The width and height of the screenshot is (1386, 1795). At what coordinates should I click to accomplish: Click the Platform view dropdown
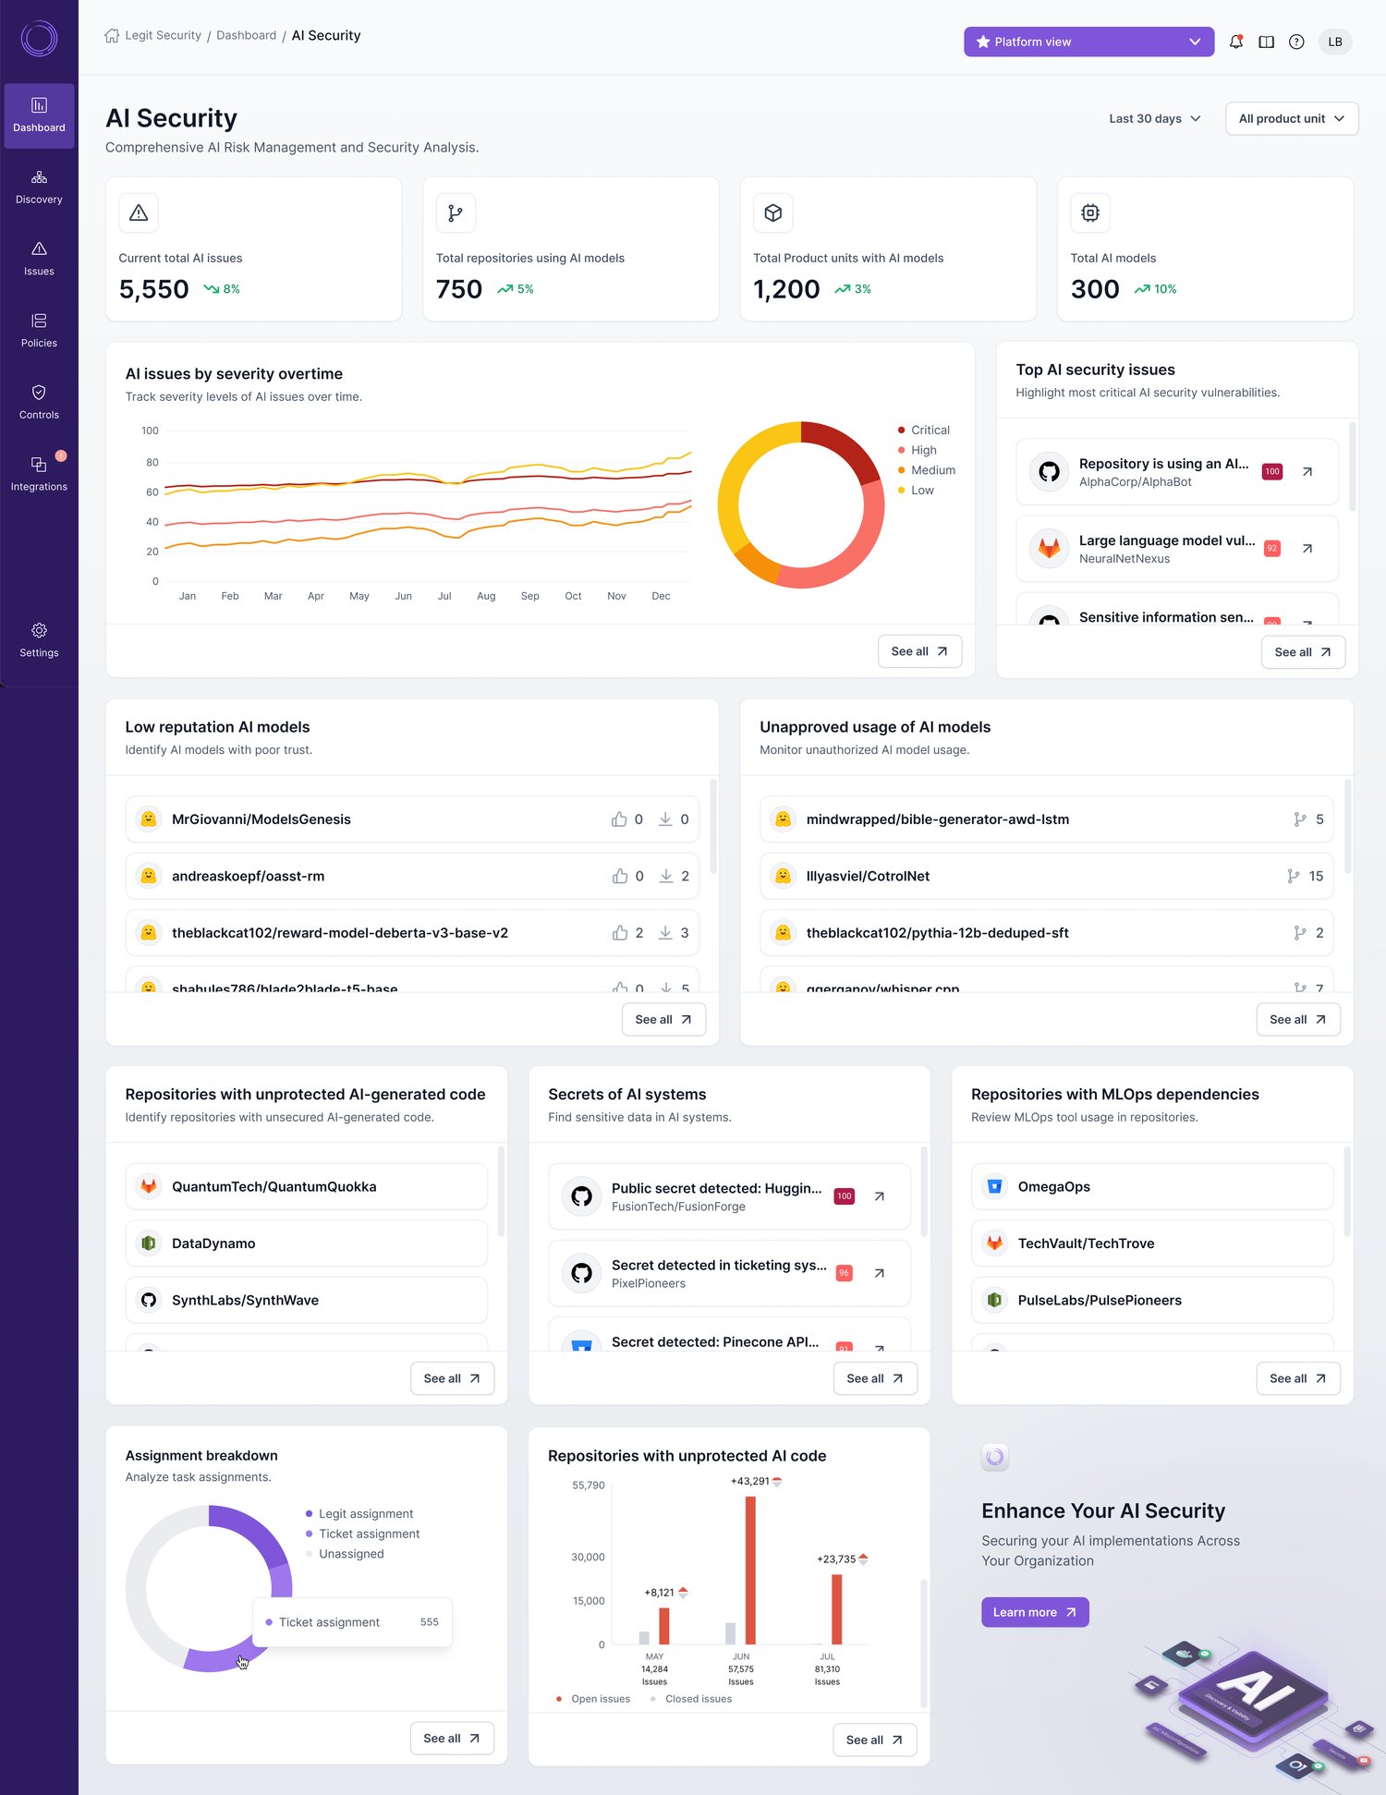pyautogui.click(x=1088, y=42)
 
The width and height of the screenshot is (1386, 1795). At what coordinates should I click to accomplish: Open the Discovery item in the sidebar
pyautogui.click(x=39, y=187)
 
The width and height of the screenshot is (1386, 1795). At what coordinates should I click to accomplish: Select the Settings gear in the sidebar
pyautogui.click(x=39, y=639)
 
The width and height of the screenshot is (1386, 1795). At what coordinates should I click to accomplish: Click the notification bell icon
pyautogui.click(x=1235, y=42)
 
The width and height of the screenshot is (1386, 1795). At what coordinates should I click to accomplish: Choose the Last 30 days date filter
pyautogui.click(x=1154, y=118)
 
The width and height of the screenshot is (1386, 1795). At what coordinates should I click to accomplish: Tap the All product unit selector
pyautogui.click(x=1291, y=118)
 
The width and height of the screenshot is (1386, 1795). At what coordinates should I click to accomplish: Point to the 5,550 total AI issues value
pyautogui.click(x=153, y=289)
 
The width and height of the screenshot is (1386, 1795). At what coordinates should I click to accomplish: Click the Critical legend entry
pyautogui.click(x=930, y=431)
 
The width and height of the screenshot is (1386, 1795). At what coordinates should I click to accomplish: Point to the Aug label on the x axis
pyautogui.click(x=486, y=596)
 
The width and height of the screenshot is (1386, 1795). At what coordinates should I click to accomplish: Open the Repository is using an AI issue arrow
pyautogui.click(x=1307, y=471)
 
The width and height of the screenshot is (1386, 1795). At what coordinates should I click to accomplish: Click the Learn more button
pyautogui.click(x=1034, y=1612)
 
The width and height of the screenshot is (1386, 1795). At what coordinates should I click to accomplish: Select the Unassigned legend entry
pyautogui.click(x=351, y=1554)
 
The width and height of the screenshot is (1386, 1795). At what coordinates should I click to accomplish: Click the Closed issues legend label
pyautogui.click(x=698, y=1699)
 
